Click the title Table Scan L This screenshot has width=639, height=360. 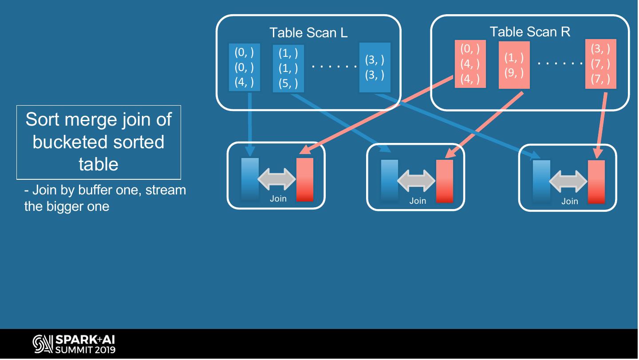[x=308, y=32]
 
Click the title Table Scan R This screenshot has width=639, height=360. [x=530, y=32]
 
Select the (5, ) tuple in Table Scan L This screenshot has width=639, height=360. [x=288, y=83]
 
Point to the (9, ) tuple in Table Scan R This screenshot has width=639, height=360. [x=514, y=72]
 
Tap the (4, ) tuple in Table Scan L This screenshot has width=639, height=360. [x=244, y=82]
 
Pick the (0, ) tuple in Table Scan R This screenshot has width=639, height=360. [x=470, y=49]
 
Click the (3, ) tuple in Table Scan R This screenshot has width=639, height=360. [x=600, y=49]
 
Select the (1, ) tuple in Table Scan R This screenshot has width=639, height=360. [x=514, y=57]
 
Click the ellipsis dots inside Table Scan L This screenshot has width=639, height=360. [x=334, y=67]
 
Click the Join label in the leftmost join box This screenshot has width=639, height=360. [x=278, y=198]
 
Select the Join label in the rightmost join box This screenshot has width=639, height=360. [x=569, y=201]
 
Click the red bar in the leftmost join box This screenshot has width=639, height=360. [x=304, y=180]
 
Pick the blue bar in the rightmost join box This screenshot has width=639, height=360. [x=541, y=181]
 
